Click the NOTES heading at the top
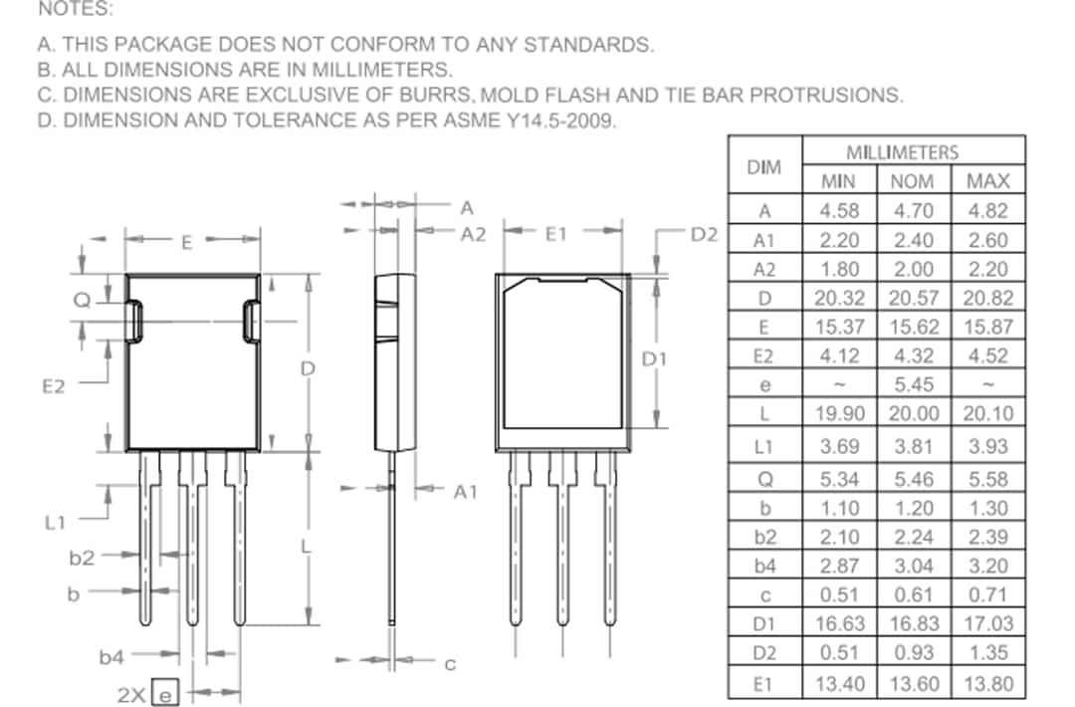[x=75, y=10]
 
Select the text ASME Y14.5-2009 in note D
[x=537, y=121]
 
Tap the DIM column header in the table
[x=763, y=166]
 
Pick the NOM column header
[x=914, y=181]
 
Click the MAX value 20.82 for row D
[x=987, y=298]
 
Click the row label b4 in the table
[x=763, y=566]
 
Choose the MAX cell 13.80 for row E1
[x=987, y=684]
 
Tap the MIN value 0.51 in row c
[x=840, y=594]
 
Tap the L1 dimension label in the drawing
[x=55, y=521]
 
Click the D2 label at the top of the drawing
[x=704, y=234]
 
